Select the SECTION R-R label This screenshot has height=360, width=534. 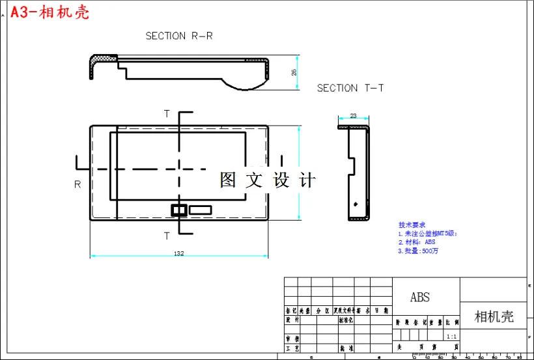[178, 36]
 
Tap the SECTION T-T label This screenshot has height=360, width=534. [350, 88]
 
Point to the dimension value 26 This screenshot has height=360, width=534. [294, 72]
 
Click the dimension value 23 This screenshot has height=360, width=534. [354, 116]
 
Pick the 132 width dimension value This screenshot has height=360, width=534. [178, 253]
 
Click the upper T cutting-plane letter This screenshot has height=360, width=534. [167, 114]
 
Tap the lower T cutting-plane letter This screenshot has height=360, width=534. [167, 235]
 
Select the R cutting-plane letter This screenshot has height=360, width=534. [77, 184]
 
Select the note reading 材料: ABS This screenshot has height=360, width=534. [417, 242]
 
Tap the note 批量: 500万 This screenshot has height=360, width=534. [417, 251]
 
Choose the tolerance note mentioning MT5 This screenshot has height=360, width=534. [428, 233]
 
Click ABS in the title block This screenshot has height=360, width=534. [420, 298]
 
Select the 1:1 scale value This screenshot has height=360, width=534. [451, 337]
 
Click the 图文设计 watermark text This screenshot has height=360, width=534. [268, 180]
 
